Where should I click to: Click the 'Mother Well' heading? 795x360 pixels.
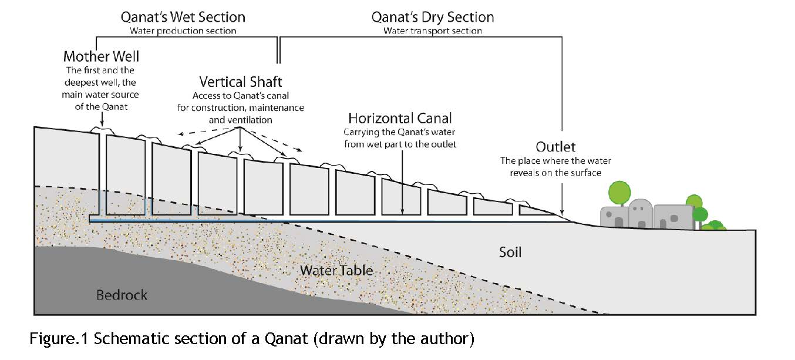[102, 57]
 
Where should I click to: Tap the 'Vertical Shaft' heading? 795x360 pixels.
[241, 82]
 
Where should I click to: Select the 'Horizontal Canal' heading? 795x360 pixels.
[400, 118]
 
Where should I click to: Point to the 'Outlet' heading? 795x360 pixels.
[555, 146]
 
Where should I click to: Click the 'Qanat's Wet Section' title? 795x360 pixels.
[183, 16]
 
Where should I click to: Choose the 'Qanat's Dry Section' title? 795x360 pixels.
[433, 16]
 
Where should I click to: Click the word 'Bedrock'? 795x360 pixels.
[122, 295]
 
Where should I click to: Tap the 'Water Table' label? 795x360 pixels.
[336, 270]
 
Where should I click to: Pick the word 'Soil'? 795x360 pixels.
[510, 253]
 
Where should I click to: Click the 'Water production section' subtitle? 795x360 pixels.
[183, 31]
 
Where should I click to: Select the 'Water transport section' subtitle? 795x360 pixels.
[433, 31]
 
